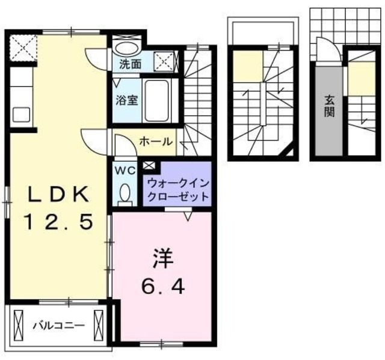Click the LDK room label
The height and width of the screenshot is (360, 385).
58,194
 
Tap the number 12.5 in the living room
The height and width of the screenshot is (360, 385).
58,222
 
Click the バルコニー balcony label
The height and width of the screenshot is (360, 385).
58,326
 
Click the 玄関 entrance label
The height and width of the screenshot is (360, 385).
329,106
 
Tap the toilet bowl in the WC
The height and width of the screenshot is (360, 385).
126,194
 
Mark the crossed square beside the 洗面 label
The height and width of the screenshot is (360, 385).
162,60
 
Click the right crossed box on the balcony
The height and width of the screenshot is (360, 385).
100,325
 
